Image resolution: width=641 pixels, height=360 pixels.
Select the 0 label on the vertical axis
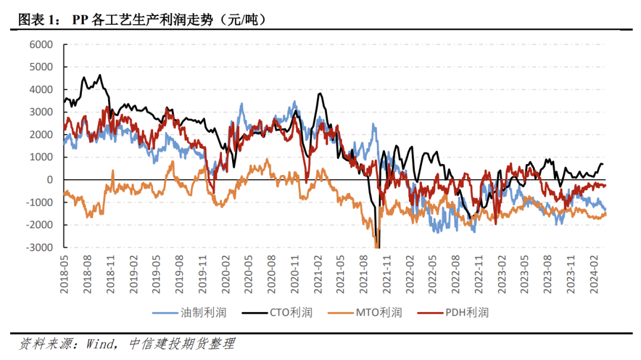(50, 180)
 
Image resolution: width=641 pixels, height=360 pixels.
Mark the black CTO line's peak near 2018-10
(100, 75)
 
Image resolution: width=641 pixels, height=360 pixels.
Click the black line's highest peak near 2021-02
(320, 94)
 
